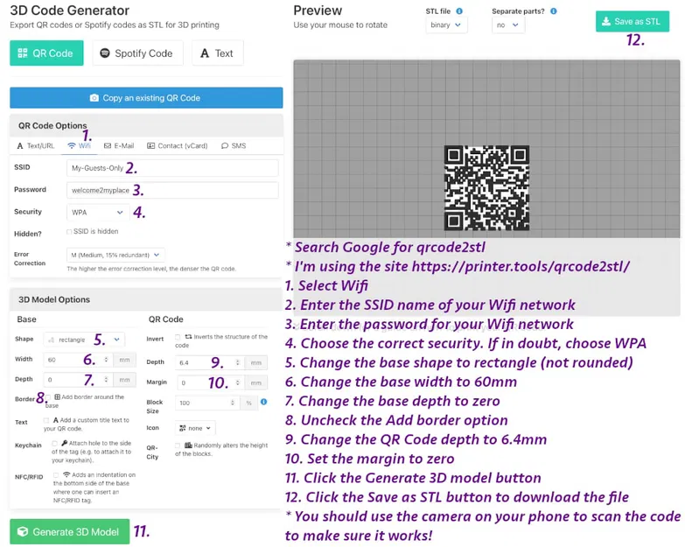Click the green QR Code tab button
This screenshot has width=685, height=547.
(46, 53)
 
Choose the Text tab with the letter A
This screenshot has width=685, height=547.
(217, 53)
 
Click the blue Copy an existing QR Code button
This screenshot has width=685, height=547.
(146, 98)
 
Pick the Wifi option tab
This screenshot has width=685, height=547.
(79, 146)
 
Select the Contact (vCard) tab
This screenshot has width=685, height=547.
(178, 146)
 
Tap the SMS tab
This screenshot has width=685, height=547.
(234, 146)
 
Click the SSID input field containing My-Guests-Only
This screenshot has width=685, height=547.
(172, 167)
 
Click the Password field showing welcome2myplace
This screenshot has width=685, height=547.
(172, 190)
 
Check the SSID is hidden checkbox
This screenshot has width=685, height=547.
(70, 232)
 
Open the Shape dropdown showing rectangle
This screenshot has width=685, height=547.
(84, 340)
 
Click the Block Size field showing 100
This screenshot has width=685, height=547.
(210, 403)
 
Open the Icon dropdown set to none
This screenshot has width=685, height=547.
(194, 428)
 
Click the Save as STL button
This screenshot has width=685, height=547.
(632, 21)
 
